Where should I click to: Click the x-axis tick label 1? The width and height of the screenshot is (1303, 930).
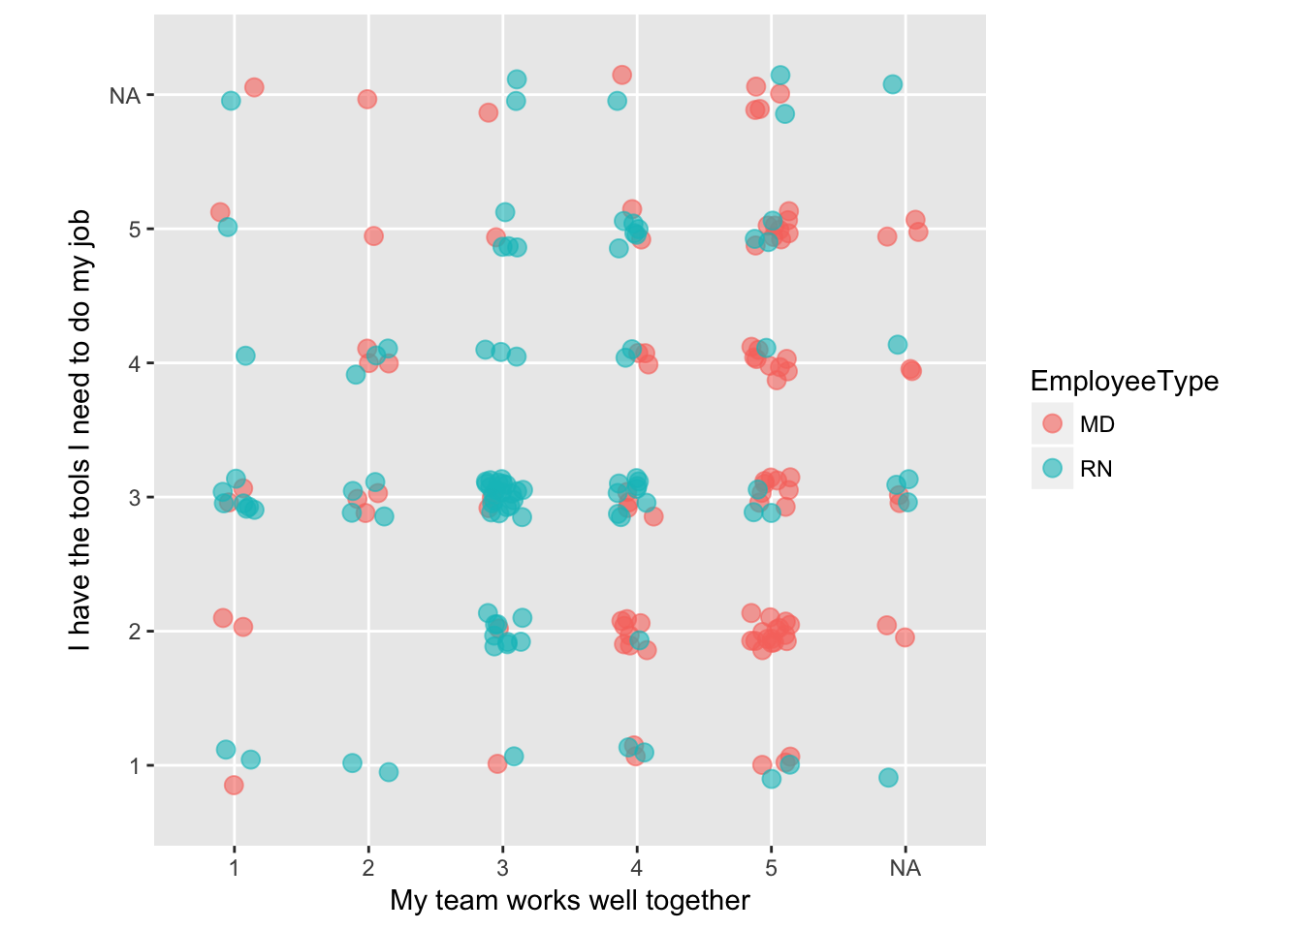pyautogui.click(x=234, y=868)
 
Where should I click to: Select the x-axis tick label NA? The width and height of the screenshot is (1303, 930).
pyautogui.click(x=905, y=868)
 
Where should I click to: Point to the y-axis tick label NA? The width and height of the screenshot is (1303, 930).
pyautogui.click(x=125, y=96)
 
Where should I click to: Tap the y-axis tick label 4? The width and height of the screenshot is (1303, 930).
pyautogui.click(x=135, y=364)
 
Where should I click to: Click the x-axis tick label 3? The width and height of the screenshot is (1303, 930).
pyautogui.click(x=502, y=868)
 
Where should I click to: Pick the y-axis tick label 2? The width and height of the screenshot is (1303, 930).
pyautogui.click(x=135, y=633)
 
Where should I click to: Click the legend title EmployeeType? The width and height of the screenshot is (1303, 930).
pyautogui.click(x=1124, y=382)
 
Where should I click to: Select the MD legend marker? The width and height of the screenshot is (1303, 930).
pyautogui.click(x=1052, y=424)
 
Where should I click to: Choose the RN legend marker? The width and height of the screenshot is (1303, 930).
pyautogui.click(x=1052, y=469)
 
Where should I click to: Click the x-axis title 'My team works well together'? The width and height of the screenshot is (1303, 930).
pyautogui.click(x=570, y=901)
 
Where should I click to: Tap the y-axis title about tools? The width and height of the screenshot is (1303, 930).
pyautogui.click(x=79, y=430)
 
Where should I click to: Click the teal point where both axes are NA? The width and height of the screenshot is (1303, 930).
pyautogui.click(x=893, y=84)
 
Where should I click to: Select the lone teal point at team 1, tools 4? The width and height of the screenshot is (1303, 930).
pyautogui.click(x=245, y=356)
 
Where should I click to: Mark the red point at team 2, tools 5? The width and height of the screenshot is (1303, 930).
pyautogui.click(x=373, y=235)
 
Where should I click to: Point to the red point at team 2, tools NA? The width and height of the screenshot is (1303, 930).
pyautogui.click(x=366, y=99)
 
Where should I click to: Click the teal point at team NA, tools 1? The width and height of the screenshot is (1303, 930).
pyautogui.click(x=888, y=777)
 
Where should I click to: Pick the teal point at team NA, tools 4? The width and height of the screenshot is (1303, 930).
pyautogui.click(x=898, y=345)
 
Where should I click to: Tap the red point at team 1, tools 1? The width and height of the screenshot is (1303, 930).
pyautogui.click(x=234, y=785)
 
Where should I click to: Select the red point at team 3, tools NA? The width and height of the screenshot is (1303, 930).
pyautogui.click(x=488, y=112)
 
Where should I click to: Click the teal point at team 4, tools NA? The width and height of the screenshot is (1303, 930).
pyautogui.click(x=617, y=101)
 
